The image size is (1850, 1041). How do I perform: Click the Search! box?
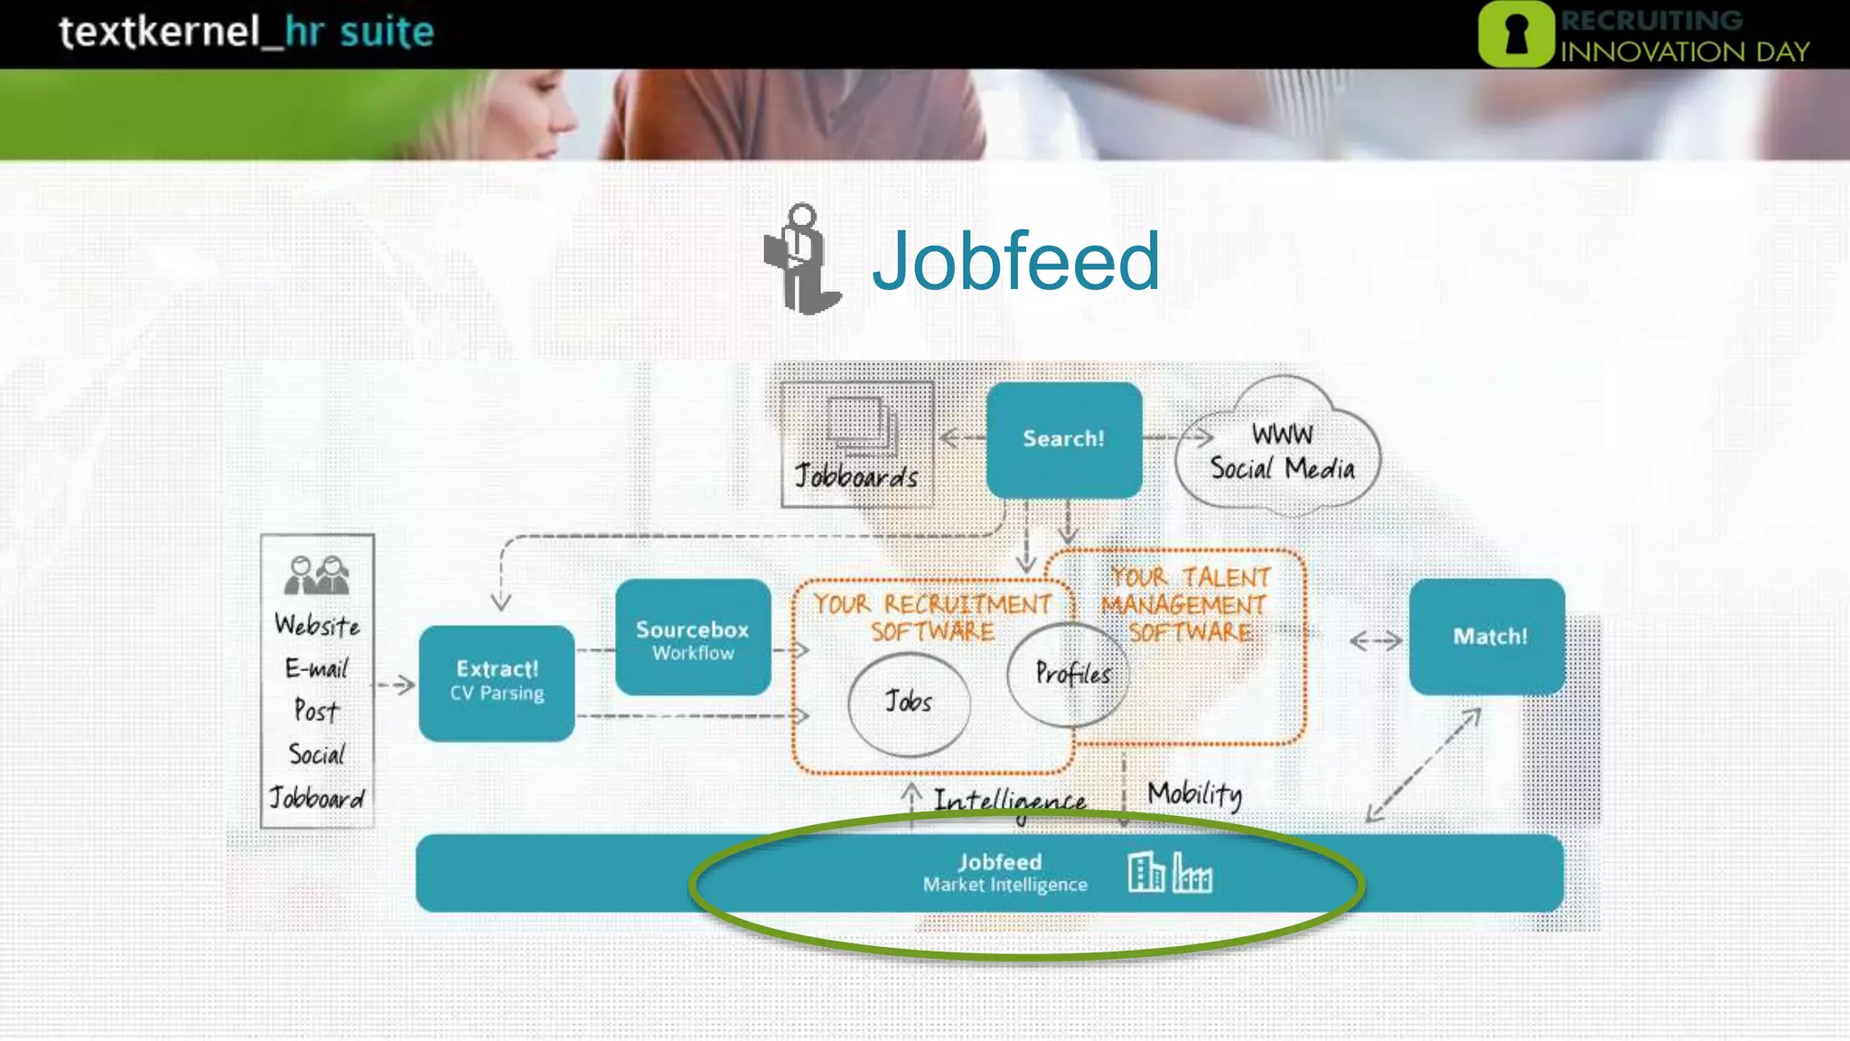tap(1063, 439)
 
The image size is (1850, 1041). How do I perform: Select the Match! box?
tap(1487, 637)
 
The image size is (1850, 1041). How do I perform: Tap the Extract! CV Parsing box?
tap(497, 683)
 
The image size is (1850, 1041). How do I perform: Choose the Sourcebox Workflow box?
tap(693, 638)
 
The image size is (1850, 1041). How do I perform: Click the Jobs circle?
tap(909, 703)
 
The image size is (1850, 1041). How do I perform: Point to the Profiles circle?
tap(1070, 674)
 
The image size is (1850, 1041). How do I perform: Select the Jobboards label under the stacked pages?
tap(855, 477)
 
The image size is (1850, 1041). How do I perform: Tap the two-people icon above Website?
tap(316, 576)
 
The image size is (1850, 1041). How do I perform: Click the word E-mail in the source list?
tap(316, 669)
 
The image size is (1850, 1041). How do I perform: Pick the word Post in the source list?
tap(316, 711)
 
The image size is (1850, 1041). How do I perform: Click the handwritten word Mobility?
tap(1194, 794)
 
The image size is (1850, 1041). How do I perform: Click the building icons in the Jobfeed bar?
tap(1170, 873)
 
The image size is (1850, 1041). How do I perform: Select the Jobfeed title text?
tap(1015, 261)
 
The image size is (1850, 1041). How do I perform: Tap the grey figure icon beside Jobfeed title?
tap(801, 259)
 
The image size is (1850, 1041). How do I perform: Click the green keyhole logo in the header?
tap(1516, 34)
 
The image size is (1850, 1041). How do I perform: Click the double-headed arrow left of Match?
tap(1376, 642)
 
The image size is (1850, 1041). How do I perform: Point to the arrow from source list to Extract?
tap(396, 686)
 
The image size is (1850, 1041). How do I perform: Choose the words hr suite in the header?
tap(360, 33)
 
